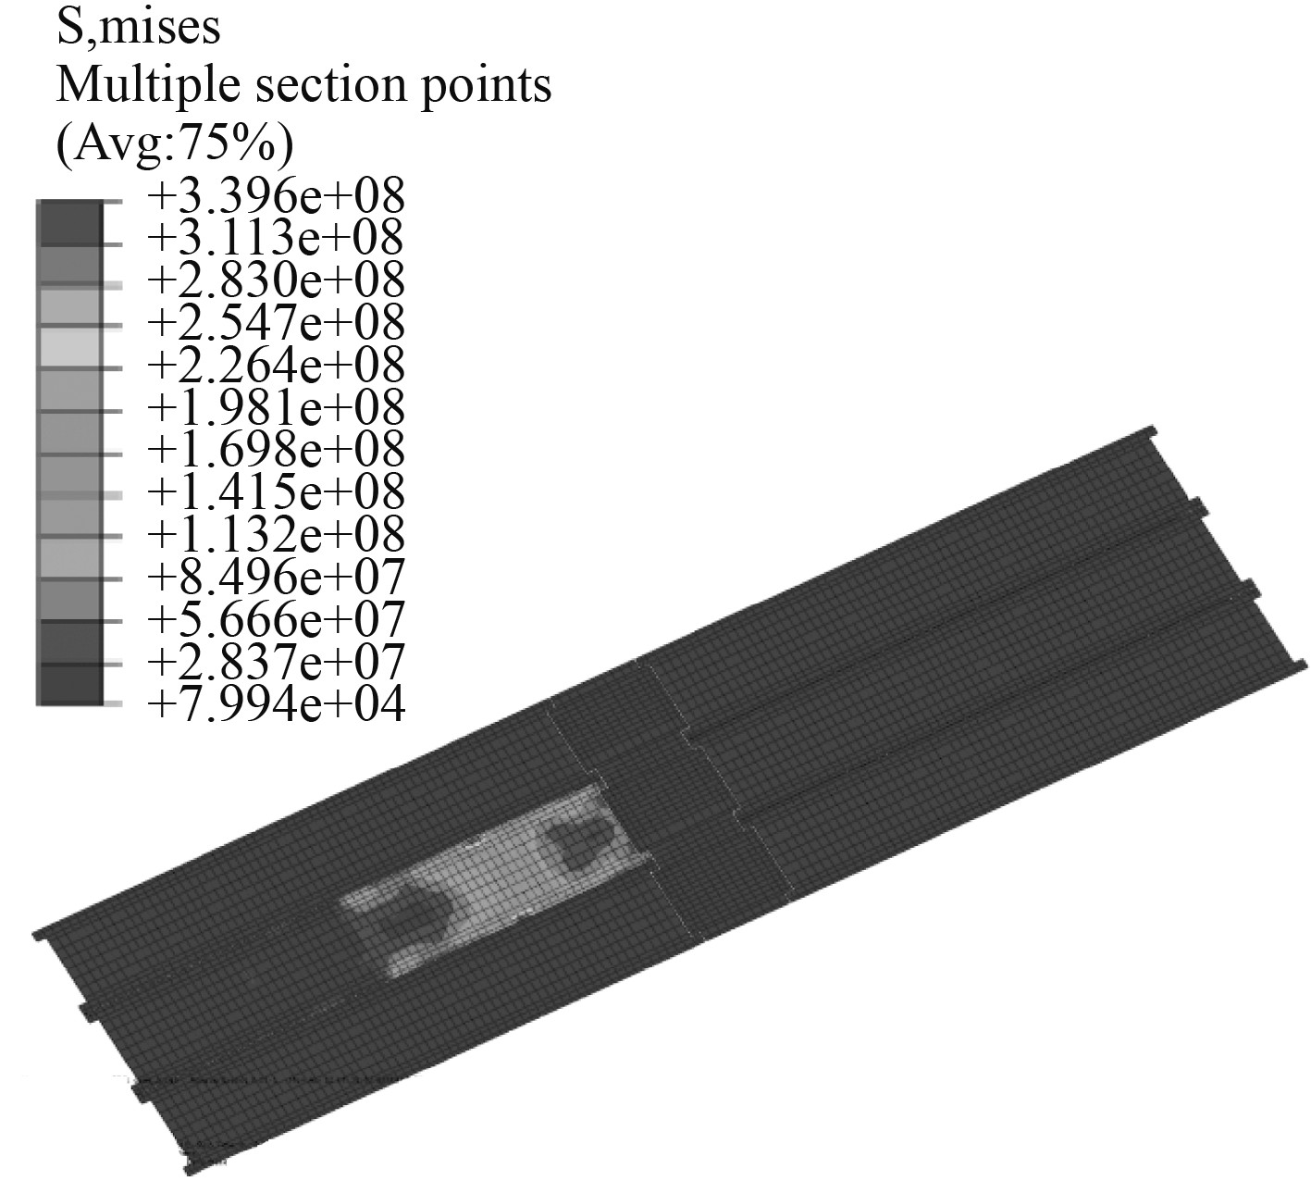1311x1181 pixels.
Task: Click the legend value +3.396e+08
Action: click(277, 196)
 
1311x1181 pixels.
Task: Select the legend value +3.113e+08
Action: click(275, 238)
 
